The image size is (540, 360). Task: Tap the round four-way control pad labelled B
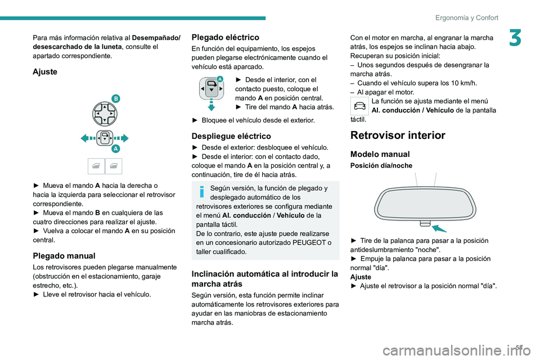pyautogui.click(x=105, y=114)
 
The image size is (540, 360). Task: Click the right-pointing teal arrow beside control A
pyautogui.click(x=123, y=138)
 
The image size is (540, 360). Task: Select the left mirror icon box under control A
pyautogui.click(x=96, y=166)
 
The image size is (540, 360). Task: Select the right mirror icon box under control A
pyautogui.click(x=114, y=166)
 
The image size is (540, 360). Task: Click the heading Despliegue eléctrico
pyautogui.click(x=231, y=136)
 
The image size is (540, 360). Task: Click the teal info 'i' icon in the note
pyautogui.click(x=200, y=193)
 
